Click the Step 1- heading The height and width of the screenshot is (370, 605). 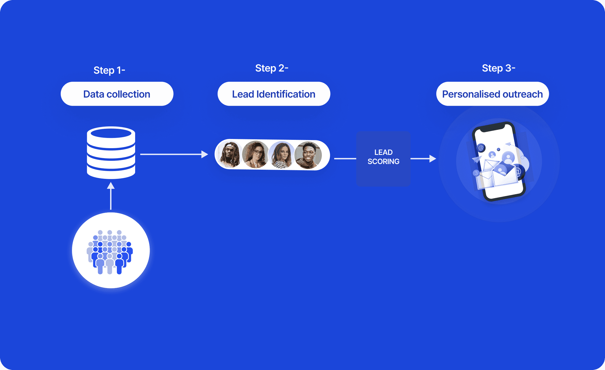(x=109, y=70)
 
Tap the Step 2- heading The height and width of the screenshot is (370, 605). (x=272, y=68)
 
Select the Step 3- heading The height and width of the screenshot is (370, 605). (x=498, y=68)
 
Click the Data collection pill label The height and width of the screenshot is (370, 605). (x=117, y=94)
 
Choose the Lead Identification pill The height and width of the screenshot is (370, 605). (x=273, y=94)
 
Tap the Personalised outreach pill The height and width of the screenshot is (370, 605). (x=492, y=94)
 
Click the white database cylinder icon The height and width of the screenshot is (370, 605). (x=111, y=153)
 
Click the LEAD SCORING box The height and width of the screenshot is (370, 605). (x=383, y=159)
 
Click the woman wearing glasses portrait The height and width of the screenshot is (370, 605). (x=255, y=154)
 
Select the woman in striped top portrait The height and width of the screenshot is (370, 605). (x=282, y=155)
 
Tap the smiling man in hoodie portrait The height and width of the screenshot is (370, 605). (x=308, y=155)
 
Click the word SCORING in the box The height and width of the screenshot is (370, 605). (x=383, y=162)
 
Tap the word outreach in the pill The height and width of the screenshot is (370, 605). (x=523, y=94)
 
